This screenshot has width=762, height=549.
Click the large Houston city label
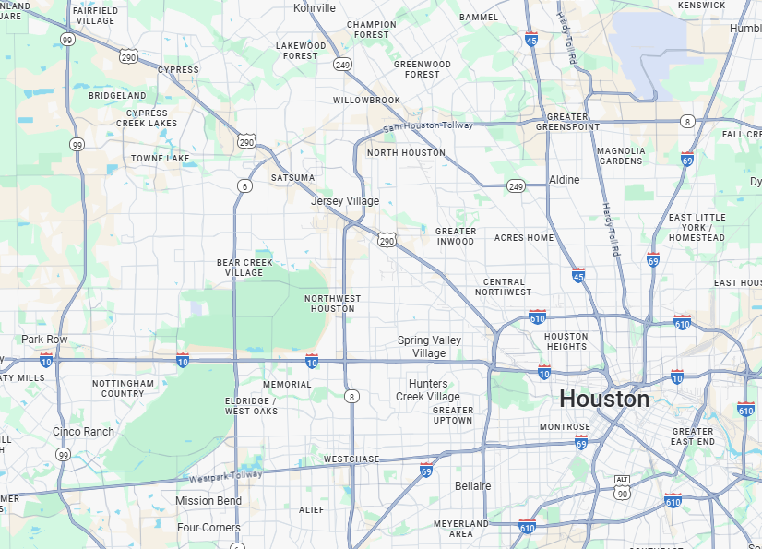[x=604, y=399]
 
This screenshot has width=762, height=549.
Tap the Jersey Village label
[x=345, y=201]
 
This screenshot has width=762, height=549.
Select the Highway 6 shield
[x=244, y=185]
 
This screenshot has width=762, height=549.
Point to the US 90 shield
[x=623, y=494]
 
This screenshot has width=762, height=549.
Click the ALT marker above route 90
[x=623, y=480]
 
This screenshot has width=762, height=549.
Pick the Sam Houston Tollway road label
[x=427, y=125]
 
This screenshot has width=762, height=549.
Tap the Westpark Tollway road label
[x=225, y=476]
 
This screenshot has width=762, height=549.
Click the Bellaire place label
[x=472, y=485]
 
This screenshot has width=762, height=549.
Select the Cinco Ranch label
[x=83, y=431]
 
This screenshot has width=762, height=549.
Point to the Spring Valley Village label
[x=429, y=346]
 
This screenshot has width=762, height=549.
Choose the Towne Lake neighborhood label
[x=160, y=159]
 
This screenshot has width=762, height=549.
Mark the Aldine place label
[x=565, y=179]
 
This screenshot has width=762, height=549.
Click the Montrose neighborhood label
[x=565, y=427]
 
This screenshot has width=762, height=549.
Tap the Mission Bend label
[x=208, y=501]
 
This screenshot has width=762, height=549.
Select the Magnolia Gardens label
[x=621, y=155]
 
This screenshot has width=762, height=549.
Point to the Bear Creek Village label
[x=244, y=268]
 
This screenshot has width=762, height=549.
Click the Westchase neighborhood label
[x=351, y=459]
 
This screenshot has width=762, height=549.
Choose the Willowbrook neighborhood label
[x=366, y=100]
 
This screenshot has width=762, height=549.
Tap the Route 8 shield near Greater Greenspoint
[x=687, y=122]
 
